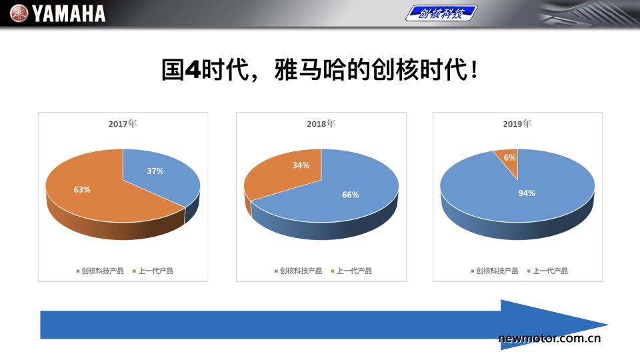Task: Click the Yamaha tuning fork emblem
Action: [x=19, y=13]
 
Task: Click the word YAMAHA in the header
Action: [x=69, y=13]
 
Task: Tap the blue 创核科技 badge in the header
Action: [x=441, y=13]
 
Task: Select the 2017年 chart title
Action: [x=123, y=124]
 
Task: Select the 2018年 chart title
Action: [x=321, y=124]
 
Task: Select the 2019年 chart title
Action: [x=517, y=124]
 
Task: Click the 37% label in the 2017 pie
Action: [x=155, y=171]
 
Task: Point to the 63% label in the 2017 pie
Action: [x=82, y=189]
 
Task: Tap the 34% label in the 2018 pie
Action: [x=301, y=165]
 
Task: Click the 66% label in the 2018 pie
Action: [x=350, y=195]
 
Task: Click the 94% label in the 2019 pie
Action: [x=527, y=193]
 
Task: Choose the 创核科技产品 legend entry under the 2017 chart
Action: [x=100, y=271]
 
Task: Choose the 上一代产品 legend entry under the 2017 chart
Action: [x=153, y=271]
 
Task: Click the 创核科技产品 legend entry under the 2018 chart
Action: [x=299, y=271]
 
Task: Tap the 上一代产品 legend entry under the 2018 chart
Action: [x=351, y=271]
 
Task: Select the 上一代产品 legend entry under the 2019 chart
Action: [x=547, y=271]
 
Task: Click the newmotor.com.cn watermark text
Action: [x=549, y=338]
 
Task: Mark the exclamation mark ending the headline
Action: [x=473, y=69]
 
